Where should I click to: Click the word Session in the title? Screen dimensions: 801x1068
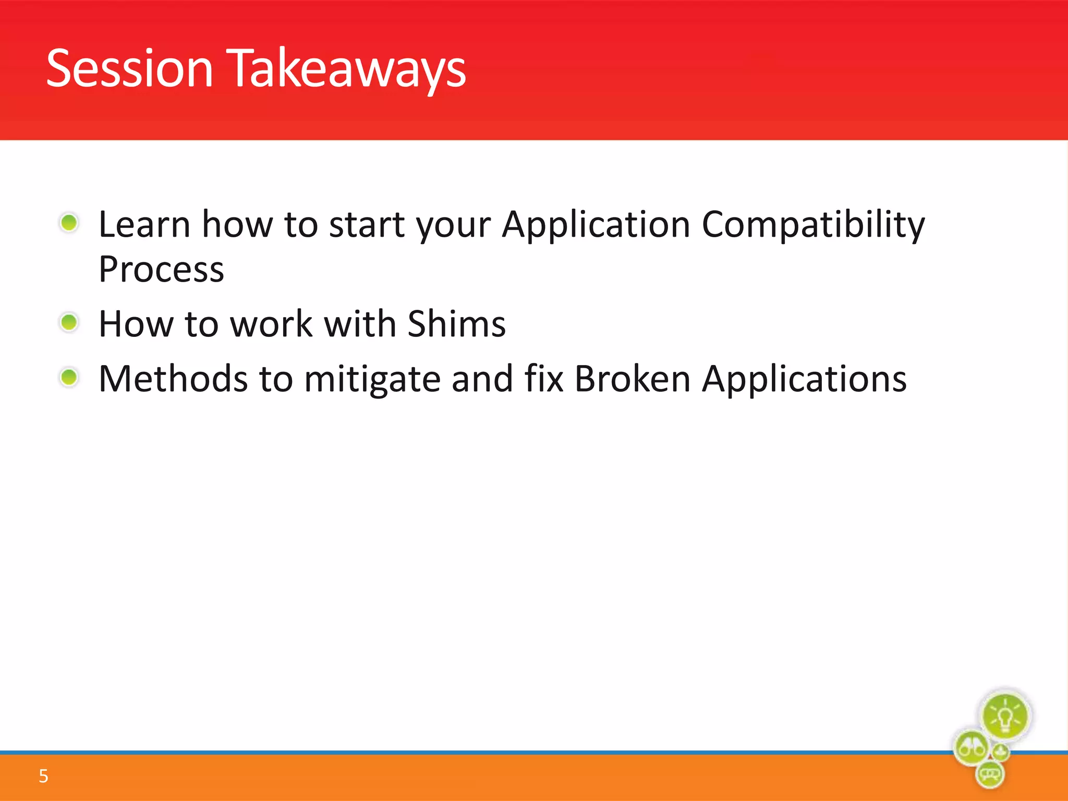(x=129, y=68)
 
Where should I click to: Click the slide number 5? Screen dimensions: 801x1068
(x=43, y=776)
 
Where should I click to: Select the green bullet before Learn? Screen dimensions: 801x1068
(x=69, y=223)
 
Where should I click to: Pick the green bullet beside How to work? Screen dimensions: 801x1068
(x=69, y=322)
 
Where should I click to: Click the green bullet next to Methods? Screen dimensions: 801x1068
(x=69, y=377)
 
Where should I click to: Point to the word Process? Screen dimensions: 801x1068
(x=161, y=270)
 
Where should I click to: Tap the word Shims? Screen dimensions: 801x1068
(x=456, y=324)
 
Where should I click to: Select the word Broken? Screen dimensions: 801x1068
(x=632, y=379)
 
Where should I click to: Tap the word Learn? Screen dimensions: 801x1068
(x=144, y=224)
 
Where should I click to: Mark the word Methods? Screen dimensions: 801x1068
(x=173, y=379)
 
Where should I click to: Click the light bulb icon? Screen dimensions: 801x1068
(x=1005, y=717)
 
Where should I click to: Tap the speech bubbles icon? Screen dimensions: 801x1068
(x=989, y=774)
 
